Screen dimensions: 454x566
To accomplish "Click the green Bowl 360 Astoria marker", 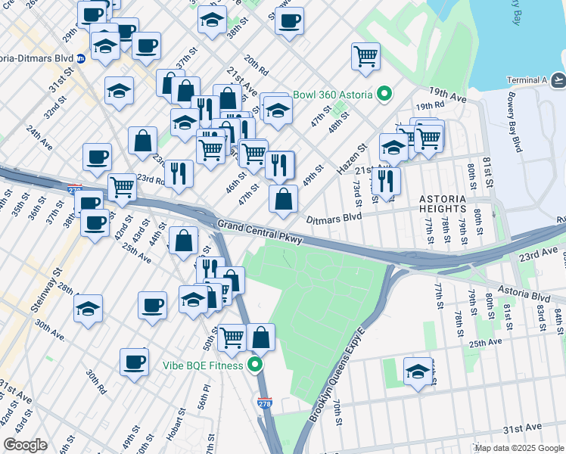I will (384, 95).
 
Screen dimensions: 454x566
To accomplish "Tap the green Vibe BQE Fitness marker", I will (256, 365).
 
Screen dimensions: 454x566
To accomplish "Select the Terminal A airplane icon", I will (558, 80).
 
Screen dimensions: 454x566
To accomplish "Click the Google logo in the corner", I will (25, 445).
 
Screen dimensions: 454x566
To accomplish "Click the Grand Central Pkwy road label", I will (260, 232).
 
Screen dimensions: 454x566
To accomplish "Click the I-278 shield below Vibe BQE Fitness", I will (264, 404).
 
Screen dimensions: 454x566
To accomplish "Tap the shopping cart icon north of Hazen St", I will (365, 55).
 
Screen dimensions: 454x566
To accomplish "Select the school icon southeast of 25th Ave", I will (418, 371).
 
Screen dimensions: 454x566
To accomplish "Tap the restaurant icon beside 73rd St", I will (386, 181).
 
